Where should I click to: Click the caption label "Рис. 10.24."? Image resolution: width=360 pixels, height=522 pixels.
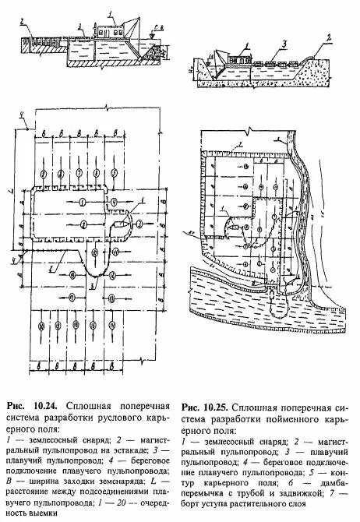30,406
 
